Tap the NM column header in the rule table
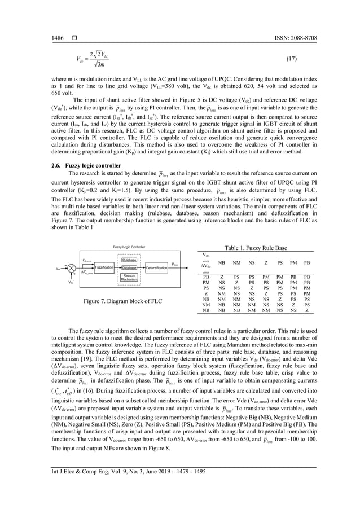click(237, 264)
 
